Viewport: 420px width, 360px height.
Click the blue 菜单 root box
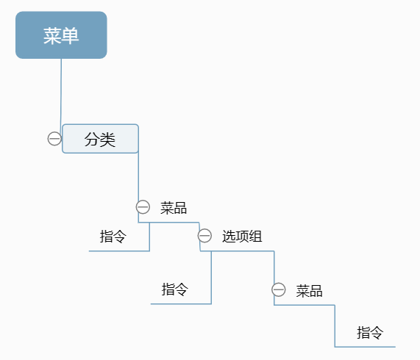[x=61, y=35]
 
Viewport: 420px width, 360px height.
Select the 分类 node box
[x=100, y=139]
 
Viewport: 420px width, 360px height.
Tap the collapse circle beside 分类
[x=54, y=139]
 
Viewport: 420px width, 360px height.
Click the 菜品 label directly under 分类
[x=174, y=208]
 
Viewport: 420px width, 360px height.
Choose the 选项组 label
[x=242, y=236]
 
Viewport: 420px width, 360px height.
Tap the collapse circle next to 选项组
[x=204, y=236]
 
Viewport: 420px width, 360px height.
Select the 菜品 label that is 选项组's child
[x=309, y=291]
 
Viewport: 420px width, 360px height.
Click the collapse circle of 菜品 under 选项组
[x=279, y=289]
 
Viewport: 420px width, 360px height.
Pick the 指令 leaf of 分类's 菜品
[x=113, y=237]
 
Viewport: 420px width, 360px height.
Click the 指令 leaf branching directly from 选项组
[x=175, y=289]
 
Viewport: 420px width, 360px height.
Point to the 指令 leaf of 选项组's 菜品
[x=370, y=333]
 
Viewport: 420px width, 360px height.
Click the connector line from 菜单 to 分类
[x=61, y=92]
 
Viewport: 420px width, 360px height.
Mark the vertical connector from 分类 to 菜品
[x=138, y=176]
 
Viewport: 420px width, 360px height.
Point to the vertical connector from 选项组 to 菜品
[x=274, y=267]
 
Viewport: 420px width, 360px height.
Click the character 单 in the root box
[x=70, y=35]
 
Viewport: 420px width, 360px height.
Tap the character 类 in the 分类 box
[x=108, y=140]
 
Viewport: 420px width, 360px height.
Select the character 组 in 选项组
[x=255, y=236]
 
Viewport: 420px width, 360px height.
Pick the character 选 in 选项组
[x=229, y=236]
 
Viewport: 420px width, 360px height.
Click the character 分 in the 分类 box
[x=93, y=140]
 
